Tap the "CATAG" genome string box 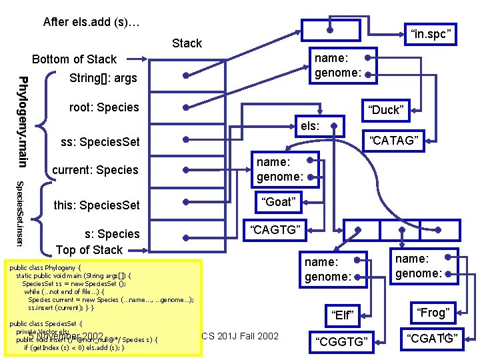coord(393,140)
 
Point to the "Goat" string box coord(278,201)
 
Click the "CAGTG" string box coord(277,231)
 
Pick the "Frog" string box coord(432,312)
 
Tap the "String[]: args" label coord(103,79)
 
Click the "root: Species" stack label coord(104,107)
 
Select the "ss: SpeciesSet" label coord(100,142)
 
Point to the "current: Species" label coord(95,170)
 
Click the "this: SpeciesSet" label coord(97,205)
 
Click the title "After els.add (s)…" coord(91,22)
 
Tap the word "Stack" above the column coord(187,43)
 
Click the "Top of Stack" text coord(89,250)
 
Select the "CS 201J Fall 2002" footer coord(240,335)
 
